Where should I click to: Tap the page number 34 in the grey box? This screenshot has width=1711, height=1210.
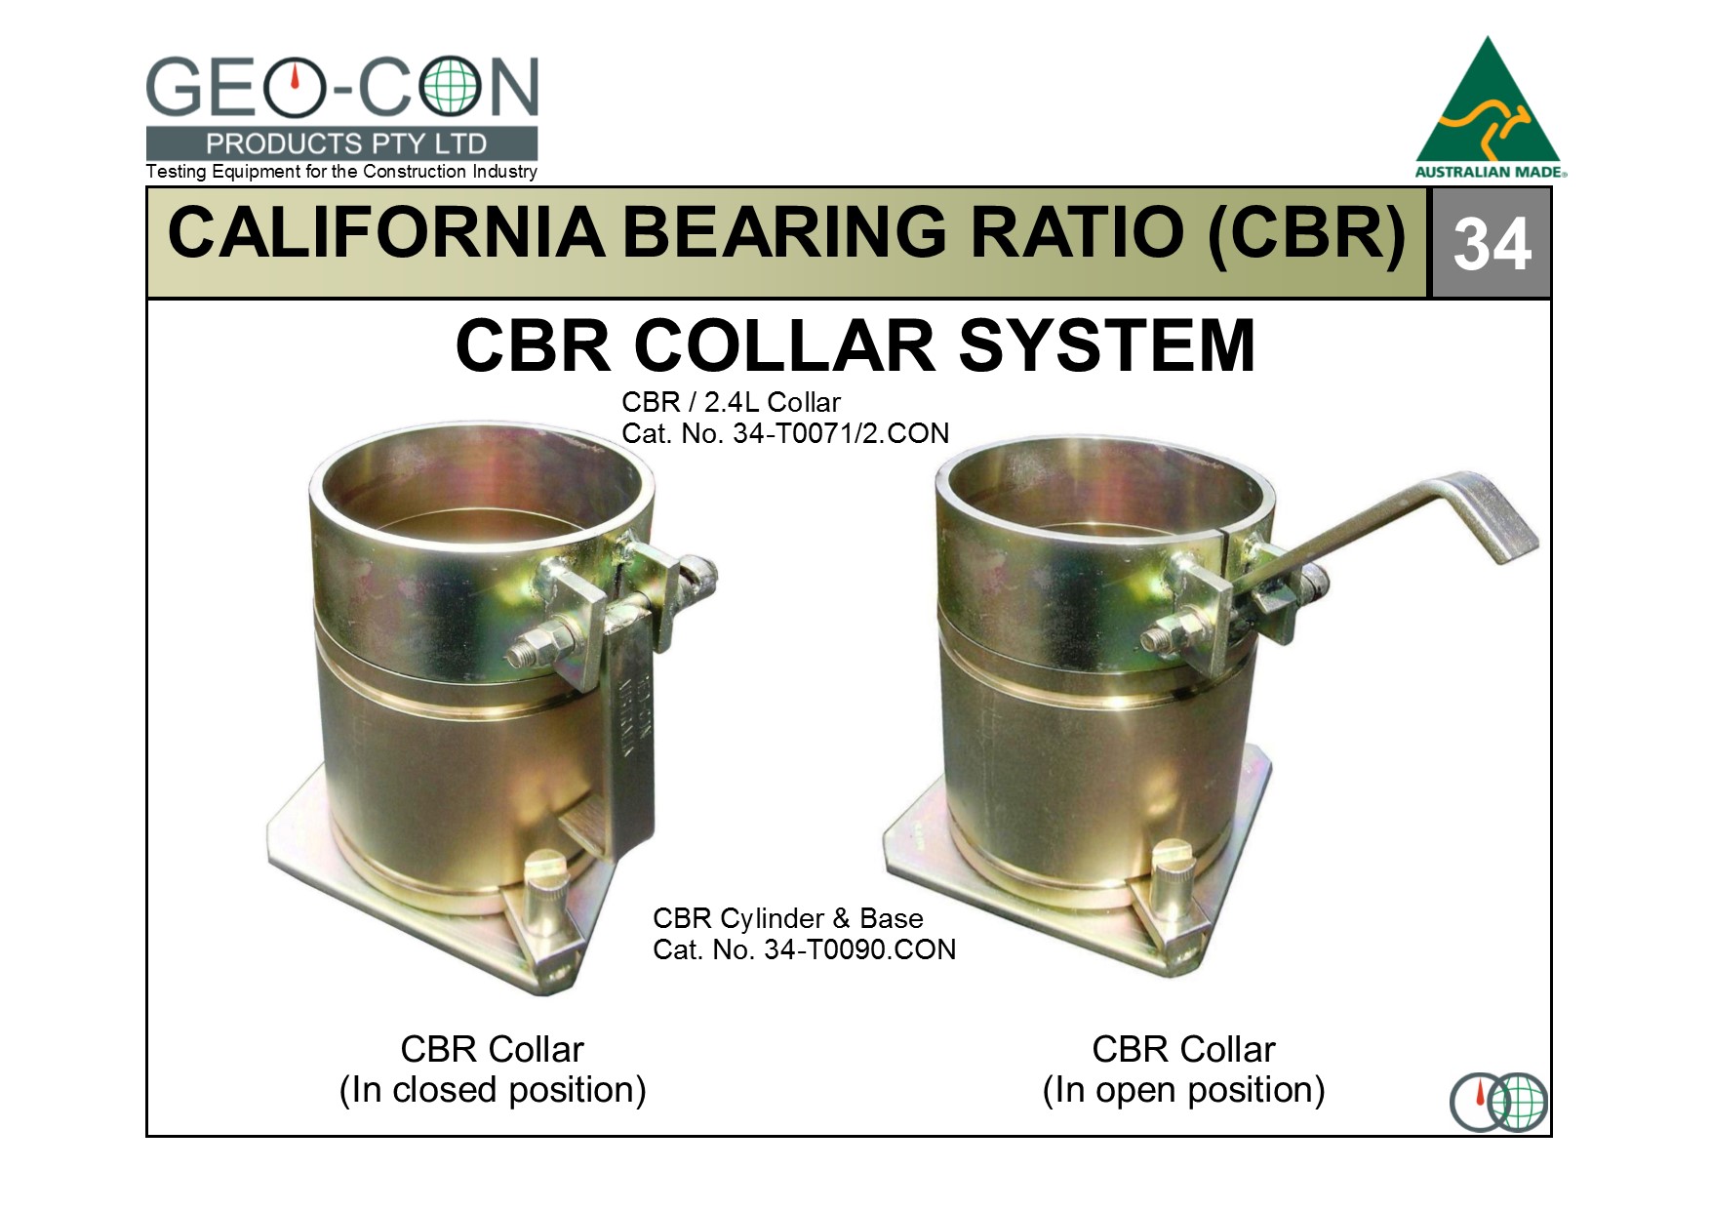(x=1492, y=244)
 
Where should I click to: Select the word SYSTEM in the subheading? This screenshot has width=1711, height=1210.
(x=1107, y=345)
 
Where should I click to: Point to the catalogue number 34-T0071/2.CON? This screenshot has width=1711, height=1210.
(x=841, y=433)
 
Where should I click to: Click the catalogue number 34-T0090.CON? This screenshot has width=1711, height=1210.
(x=860, y=949)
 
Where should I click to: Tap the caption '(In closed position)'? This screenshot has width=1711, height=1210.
(x=493, y=1090)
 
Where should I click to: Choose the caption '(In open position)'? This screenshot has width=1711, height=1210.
(x=1183, y=1090)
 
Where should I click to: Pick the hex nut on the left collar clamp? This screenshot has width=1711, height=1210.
(x=542, y=645)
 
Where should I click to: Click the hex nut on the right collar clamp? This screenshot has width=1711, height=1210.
(x=1176, y=633)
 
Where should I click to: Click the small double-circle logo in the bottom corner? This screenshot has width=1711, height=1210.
(x=1498, y=1102)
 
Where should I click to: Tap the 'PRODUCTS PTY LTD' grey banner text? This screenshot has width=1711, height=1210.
(x=346, y=144)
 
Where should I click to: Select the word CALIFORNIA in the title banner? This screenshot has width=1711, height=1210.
(x=386, y=232)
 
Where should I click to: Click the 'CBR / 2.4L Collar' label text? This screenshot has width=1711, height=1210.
(x=731, y=402)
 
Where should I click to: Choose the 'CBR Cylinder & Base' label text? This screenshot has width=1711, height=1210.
(x=787, y=918)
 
